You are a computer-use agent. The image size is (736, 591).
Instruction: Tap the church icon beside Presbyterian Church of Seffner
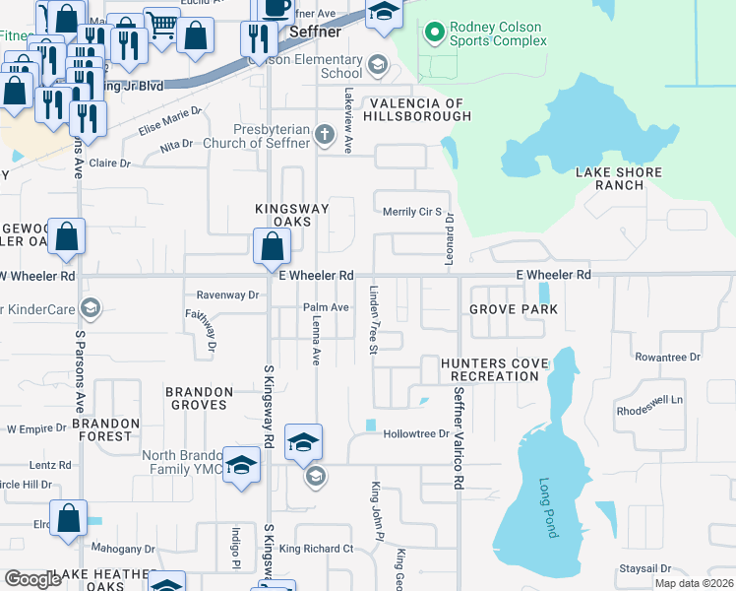(326, 132)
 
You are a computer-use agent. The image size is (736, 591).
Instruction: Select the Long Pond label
(547, 507)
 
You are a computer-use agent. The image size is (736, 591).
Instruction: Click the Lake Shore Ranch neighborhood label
(619, 178)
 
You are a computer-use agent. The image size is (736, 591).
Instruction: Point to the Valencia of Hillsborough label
(418, 109)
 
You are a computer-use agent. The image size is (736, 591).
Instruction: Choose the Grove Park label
(513, 309)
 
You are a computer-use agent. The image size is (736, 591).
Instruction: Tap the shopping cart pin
(161, 27)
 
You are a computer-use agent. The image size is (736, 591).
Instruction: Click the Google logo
(33, 579)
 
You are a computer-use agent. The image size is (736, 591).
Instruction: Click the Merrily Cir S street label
(411, 212)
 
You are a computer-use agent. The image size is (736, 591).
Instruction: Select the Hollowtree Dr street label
(415, 433)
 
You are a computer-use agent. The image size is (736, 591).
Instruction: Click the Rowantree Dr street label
(667, 357)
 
